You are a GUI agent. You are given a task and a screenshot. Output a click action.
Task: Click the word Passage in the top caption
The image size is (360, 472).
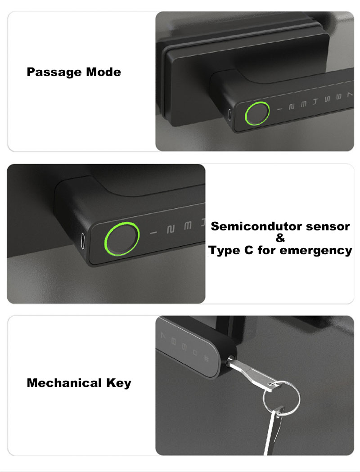54,72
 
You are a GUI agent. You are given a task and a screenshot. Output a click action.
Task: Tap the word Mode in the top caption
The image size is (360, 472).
103,72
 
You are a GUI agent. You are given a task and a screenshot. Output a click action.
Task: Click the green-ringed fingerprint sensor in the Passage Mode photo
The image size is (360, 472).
257,113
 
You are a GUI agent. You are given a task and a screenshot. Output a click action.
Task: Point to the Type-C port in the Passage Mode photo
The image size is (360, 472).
229,114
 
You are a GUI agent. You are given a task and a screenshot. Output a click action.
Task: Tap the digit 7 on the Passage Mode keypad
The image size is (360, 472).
349,95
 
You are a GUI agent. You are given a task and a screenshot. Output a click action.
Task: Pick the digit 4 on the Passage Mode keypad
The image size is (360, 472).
315,101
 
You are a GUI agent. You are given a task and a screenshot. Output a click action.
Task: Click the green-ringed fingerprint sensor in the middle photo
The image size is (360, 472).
122,238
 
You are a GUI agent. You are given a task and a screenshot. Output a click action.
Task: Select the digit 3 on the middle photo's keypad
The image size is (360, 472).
188,225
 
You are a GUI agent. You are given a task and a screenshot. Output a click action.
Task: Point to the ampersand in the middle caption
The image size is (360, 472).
280,238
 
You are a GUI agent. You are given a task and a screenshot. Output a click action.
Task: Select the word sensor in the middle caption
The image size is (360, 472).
328,227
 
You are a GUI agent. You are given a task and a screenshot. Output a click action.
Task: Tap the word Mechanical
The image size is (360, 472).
64,383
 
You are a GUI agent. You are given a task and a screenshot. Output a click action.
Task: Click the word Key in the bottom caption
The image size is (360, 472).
119,383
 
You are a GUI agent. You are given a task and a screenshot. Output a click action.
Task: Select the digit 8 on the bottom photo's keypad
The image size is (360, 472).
174,342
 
